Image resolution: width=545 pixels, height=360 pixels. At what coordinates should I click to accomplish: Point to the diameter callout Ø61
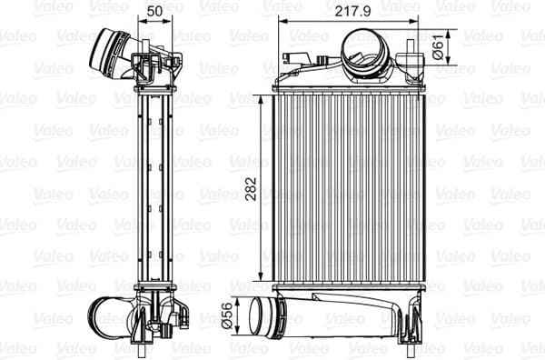click(437, 46)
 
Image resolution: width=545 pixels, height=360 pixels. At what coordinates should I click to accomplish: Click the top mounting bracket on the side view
click(153, 68)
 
